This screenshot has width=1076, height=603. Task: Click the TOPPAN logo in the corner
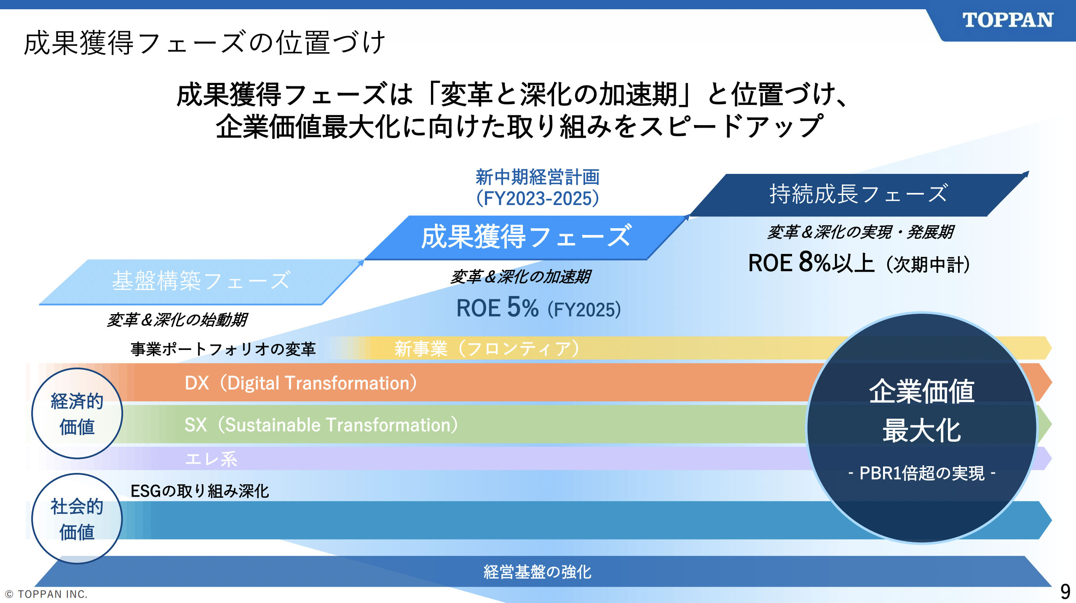pyautogui.click(x=1008, y=20)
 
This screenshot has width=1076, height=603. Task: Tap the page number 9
pyautogui.click(x=1065, y=592)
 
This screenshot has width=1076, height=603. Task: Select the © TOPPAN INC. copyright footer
pyautogui.click(x=46, y=594)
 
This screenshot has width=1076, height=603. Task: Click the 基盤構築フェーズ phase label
pyautogui.click(x=201, y=281)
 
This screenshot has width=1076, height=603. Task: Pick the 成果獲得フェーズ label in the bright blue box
pyautogui.click(x=527, y=237)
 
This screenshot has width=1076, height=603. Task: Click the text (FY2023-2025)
pyautogui.click(x=538, y=199)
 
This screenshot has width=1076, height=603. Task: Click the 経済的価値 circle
pyautogui.click(x=77, y=413)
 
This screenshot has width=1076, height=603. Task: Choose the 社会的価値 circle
pyautogui.click(x=77, y=518)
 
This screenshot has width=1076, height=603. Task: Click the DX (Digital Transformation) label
pyautogui.click(x=301, y=383)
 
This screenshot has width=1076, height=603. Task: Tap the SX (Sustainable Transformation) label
pyautogui.click(x=321, y=425)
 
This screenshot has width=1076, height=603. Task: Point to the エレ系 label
pyautogui.click(x=211, y=459)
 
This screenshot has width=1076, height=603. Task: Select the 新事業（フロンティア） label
pyautogui.click(x=487, y=349)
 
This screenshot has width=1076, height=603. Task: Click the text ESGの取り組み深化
pyautogui.click(x=200, y=491)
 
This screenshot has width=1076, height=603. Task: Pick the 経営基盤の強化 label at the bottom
pyautogui.click(x=538, y=572)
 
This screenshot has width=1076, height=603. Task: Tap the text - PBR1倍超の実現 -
pyautogui.click(x=922, y=473)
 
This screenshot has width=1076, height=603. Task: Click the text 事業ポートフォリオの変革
pyautogui.click(x=223, y=349)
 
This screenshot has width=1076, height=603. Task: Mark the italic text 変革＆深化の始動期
pyautogui.click(x=177, y=320)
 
